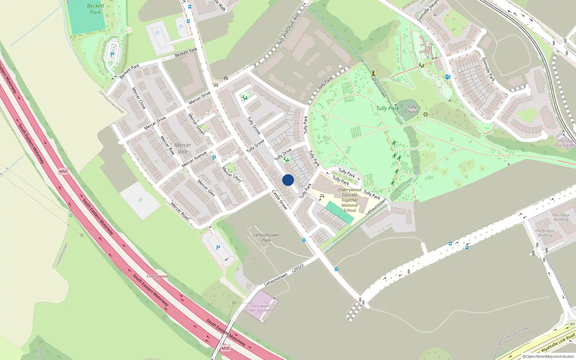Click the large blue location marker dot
tap(288, 180)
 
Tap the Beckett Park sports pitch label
tap(95, 9)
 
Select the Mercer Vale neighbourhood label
tap(183, 148)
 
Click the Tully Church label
tap(412, 109)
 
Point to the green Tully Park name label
tap(387, 108)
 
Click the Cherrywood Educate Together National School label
tap(350, 200)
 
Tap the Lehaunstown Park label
tap(266, 238)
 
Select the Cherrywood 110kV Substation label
tap(260, 308)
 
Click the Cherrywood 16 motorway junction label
tap(157, 278)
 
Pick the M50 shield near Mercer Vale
tap(63, 171)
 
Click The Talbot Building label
tap(561, 217)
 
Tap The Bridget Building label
tap(545, 233)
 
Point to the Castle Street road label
tap(280, 199)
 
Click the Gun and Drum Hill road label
tap(288, 30)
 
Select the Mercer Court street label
tap(231, 174)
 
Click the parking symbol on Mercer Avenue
tap(214, 158)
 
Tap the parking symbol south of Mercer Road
tap(218, 248)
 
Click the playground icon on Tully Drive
tap(286, 159)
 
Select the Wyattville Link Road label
tap(558, 343)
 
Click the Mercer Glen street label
tap(206, 188)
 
